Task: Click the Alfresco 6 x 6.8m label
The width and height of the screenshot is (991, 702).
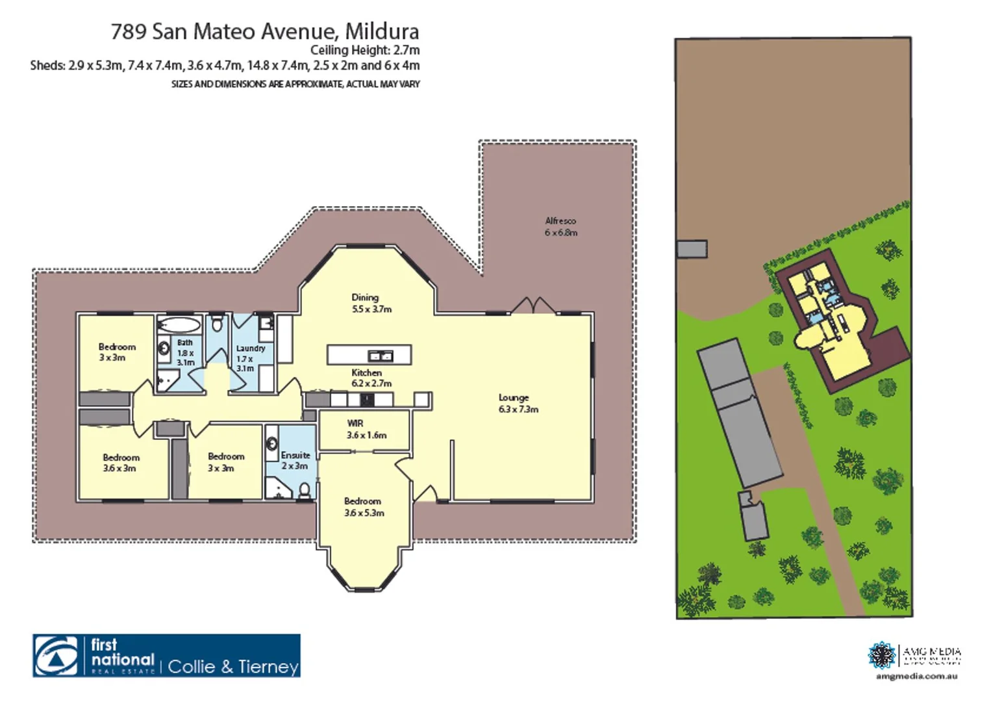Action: pos(560,227)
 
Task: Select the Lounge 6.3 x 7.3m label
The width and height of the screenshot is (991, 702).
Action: pos(518,403)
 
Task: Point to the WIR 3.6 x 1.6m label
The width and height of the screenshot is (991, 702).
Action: pos(366,429)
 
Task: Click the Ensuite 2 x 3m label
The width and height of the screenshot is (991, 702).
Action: pos(295,460)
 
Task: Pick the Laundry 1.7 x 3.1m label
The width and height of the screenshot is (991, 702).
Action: pos(250,357)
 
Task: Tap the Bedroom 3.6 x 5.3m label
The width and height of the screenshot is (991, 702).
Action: pos(364,507)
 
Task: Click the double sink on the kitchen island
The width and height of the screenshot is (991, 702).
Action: pos(380,356)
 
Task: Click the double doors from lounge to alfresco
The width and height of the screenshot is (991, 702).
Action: pos(533,305)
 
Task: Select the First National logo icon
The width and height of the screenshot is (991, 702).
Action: pos(56,656)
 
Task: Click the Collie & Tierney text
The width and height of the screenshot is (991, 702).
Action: pos(233,666)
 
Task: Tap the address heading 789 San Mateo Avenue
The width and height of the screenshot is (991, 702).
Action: pos(264,31)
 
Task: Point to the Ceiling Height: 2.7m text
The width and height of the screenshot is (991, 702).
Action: pos(364,50)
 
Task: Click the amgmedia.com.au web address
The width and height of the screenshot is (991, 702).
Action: pos(916,676)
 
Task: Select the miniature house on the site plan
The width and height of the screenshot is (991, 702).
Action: pos(838,322)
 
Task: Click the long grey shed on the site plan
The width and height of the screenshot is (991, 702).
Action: pos(740,413)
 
